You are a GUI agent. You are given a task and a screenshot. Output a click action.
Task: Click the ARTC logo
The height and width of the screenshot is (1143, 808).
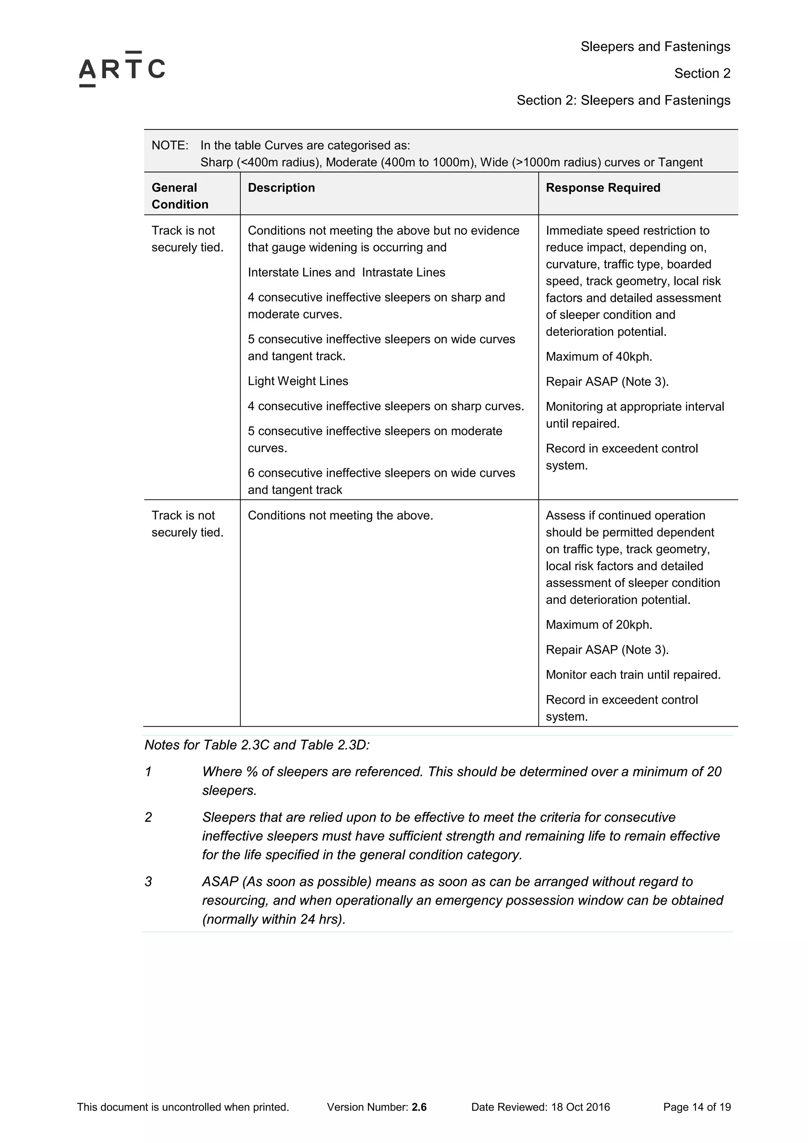(122, 69)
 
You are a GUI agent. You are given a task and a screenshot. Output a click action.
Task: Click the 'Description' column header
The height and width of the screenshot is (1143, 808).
(281, 188)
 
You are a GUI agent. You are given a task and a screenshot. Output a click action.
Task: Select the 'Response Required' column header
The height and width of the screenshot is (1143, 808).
(603, 188)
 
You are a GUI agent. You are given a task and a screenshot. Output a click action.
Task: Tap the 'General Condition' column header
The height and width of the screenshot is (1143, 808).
(180, 196)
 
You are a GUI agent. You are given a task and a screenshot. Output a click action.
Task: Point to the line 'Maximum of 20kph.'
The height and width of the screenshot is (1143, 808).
(599, 625)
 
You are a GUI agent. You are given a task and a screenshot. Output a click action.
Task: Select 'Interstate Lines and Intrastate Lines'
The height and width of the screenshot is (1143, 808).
(346, 272)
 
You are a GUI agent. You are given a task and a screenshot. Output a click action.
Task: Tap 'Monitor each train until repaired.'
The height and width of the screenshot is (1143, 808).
(633, 675)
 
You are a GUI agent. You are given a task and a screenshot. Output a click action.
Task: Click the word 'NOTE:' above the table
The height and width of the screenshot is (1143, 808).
(170, 145)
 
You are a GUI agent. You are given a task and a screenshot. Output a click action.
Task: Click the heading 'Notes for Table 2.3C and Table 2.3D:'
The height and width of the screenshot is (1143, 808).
(257, 745)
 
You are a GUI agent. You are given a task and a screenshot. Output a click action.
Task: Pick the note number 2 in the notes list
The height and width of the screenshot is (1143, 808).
(148, 817)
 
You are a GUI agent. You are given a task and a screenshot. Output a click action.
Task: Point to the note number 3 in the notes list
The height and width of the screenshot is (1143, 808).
(148, 882)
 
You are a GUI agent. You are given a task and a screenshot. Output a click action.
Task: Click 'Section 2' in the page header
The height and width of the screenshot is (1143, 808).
(702, 73)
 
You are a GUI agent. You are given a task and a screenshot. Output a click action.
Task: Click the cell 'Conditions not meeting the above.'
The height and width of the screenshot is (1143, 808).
(340, 515)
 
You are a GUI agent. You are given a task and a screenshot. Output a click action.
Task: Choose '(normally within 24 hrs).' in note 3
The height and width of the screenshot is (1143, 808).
(274, 919)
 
